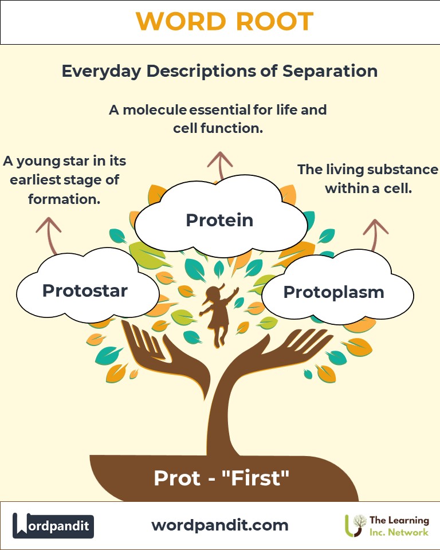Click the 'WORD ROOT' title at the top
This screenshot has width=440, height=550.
pos(225,22)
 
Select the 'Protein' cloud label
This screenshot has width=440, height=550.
pos(219,219)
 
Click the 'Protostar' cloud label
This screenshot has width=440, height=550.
pos(85,290)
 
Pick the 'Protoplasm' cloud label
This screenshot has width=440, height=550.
pos(333,292)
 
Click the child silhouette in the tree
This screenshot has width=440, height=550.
pos(216,315)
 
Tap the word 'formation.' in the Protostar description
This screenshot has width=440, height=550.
pos(62,200)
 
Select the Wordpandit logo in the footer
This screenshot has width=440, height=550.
pos(53,525)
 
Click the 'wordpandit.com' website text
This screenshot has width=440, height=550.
pos(219,525)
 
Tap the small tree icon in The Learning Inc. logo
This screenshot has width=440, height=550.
pos(357,524)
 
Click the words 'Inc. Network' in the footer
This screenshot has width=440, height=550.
pos(399,532)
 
